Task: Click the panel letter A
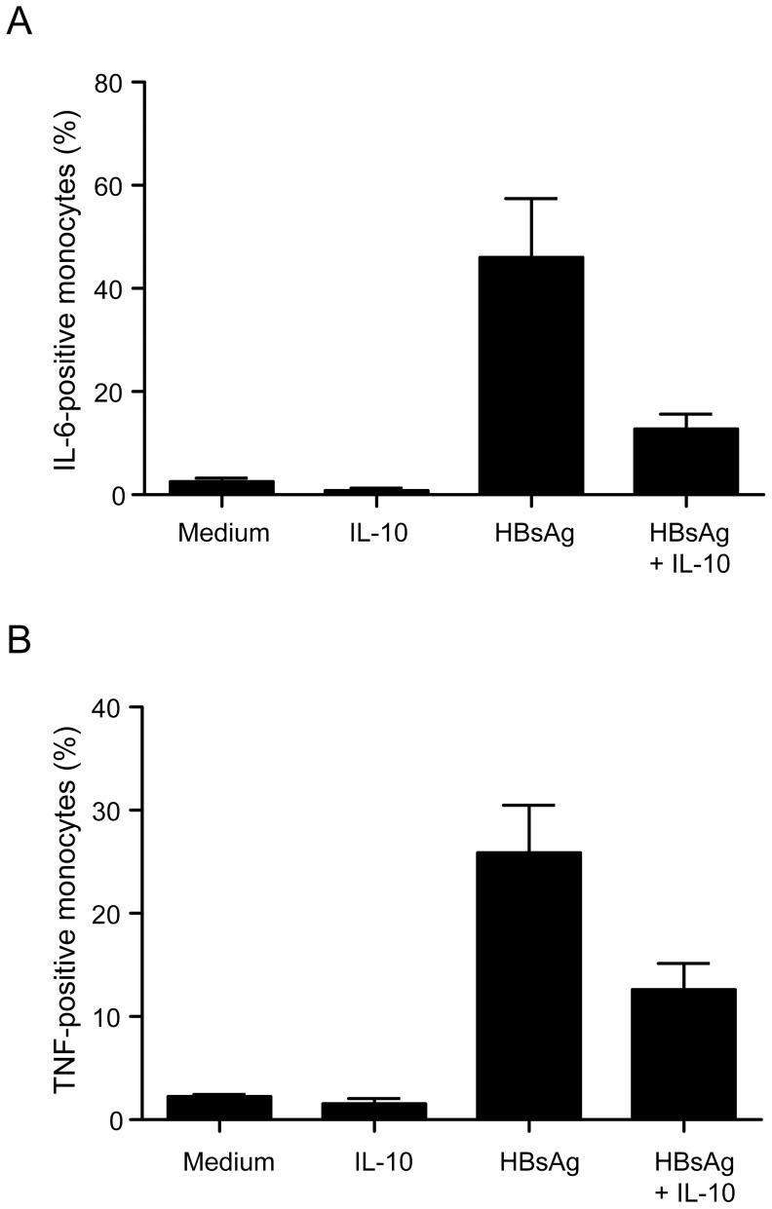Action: [x=19, y=21]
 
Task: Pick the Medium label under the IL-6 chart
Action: [x=221, y=534]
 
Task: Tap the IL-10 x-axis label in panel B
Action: [x=374, y=1162]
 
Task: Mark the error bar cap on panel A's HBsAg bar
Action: [x=531, y=199]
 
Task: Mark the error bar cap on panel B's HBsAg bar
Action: [x=529, y=805]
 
